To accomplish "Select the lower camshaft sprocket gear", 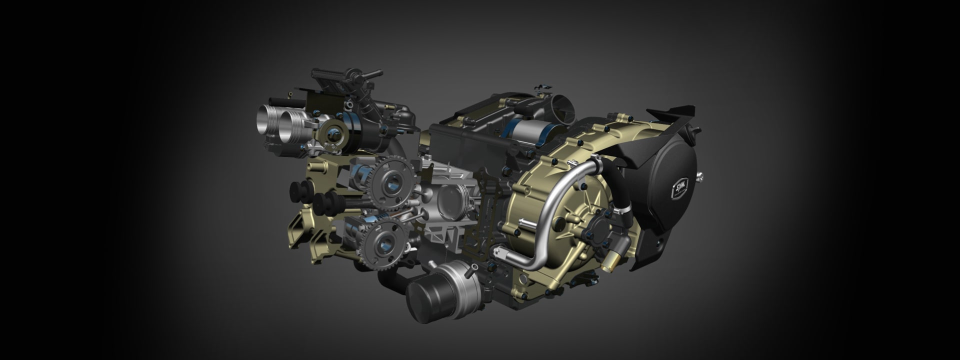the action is coord(384,243).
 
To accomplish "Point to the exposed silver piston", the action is coord(452,200).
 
